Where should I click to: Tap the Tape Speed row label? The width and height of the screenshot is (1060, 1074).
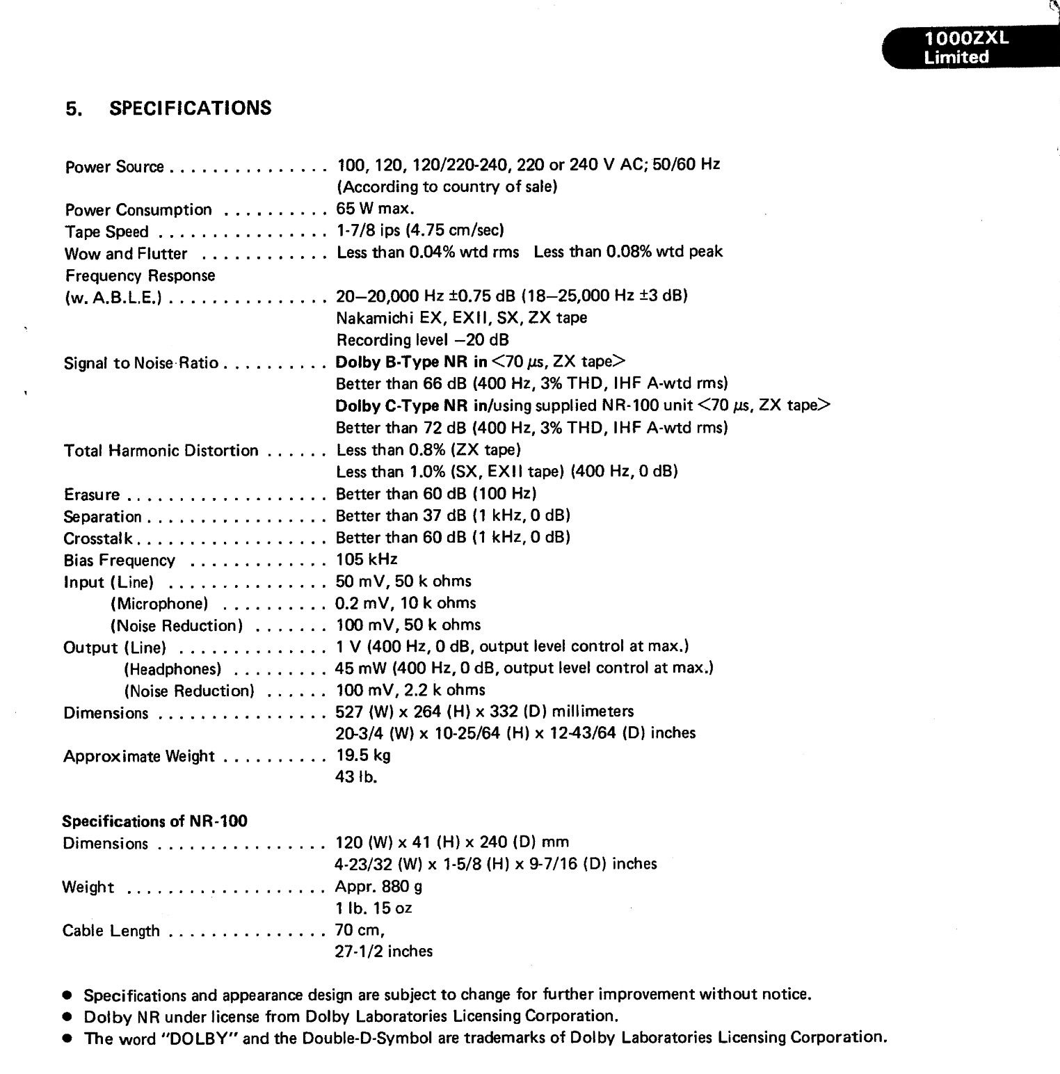106,232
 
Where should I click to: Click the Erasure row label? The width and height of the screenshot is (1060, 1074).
91,495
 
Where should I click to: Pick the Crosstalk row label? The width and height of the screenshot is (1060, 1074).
98,538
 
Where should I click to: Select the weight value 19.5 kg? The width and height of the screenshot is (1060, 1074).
363,755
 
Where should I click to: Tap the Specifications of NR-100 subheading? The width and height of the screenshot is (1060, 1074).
154,821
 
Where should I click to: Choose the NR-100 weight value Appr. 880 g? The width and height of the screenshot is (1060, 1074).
378,886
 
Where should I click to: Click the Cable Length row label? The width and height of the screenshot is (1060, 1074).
111,931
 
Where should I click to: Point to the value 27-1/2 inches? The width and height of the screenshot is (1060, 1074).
383,952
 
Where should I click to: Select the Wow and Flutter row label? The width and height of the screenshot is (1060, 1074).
125,254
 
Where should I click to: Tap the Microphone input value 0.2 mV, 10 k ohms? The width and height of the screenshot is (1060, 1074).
405,603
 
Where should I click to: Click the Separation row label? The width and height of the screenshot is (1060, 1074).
102,517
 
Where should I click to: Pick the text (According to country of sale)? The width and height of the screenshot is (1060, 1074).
447,186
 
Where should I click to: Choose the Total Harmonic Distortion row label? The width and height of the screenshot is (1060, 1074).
161,451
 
